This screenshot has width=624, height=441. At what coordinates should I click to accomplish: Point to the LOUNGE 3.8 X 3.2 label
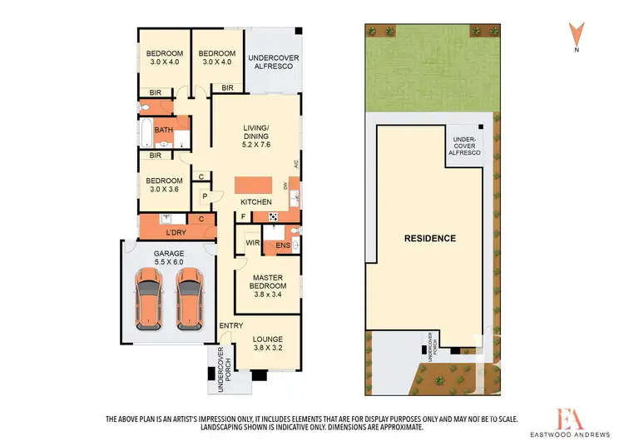coord(267,344)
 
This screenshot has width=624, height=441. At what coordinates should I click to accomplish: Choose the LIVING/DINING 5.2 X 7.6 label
coord(256,131)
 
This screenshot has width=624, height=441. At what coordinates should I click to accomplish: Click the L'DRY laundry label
coord(176,230)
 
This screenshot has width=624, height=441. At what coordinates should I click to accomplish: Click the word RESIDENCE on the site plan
coord(429,238)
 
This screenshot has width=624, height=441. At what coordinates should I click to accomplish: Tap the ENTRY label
coord(230,325)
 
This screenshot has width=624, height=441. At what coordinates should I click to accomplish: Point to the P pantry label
coord(204,196)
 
